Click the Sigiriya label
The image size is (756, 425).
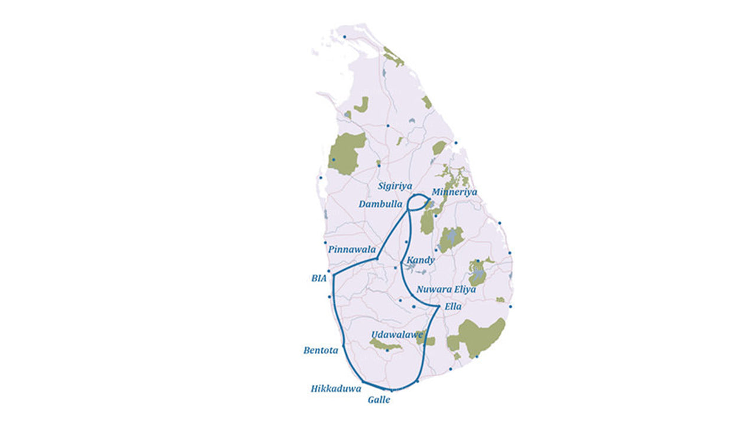tap(395, 186)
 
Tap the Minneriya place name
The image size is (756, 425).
tap(454, 192)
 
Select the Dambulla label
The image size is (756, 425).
tap(380, 204)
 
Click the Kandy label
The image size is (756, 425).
tap(421, 260)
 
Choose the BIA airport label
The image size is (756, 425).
tap(318, 277)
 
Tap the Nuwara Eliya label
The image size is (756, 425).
tap(446, 290)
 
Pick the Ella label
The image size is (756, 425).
tap(453, 307)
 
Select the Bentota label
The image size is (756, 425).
tap(321, 351)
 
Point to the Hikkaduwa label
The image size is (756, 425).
tap(336, 389)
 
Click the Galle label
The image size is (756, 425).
tap(379, 400)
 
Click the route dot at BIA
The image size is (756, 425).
tap(334, 275)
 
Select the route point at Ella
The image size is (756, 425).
tap(438, 306)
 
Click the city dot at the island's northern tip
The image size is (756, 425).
tap(344, 37)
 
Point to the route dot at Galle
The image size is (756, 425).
tap(391, 391)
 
